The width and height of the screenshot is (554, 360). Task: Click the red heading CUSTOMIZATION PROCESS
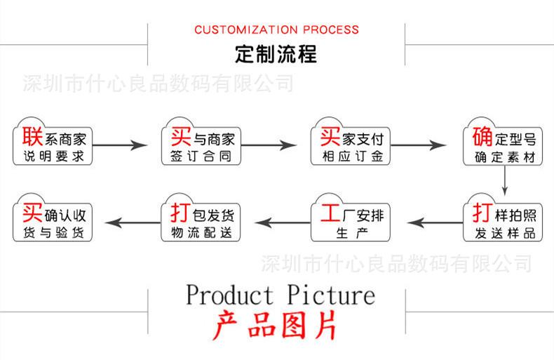point(276,29)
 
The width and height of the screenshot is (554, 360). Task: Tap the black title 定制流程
point(276,54)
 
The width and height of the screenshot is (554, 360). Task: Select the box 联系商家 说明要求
point(53,142)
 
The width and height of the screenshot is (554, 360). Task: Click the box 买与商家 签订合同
point(201,142)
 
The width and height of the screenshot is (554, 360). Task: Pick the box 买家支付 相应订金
point(351,142)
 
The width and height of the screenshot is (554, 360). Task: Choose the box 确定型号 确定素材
point(503,142)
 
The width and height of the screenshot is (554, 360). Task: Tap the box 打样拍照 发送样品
point(503,218)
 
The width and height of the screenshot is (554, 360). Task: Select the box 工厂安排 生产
point(351,218)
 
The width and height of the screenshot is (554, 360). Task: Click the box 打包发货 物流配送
point(201,218)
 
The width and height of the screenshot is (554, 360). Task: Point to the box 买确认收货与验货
point(53,218)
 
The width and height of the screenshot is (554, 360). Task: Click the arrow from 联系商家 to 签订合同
point(120,145)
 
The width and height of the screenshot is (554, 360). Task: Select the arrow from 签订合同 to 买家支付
point(269,145)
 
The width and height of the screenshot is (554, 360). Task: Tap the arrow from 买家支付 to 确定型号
point(419,145)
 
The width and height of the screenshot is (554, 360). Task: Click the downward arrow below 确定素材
point(504,180)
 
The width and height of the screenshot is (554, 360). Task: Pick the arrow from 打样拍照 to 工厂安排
point(435,222)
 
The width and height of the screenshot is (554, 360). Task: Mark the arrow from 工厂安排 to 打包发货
point(283,222)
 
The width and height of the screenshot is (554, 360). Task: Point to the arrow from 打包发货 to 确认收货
point(133,222)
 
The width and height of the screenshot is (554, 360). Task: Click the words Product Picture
point(281,295)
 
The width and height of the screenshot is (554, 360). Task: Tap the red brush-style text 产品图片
point(275,326)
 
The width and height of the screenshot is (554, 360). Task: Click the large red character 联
point(32,136)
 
